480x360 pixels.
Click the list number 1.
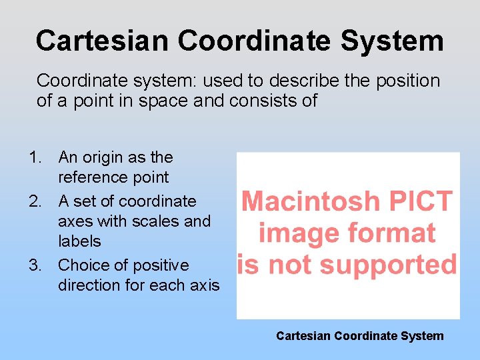pos(34,158)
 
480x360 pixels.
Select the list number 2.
pos(34,201)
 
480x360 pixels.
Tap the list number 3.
pos(34,265)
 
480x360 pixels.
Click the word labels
pos(79,241)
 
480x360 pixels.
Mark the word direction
pos(90,285)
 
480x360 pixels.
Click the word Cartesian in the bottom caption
pos(303,336)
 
